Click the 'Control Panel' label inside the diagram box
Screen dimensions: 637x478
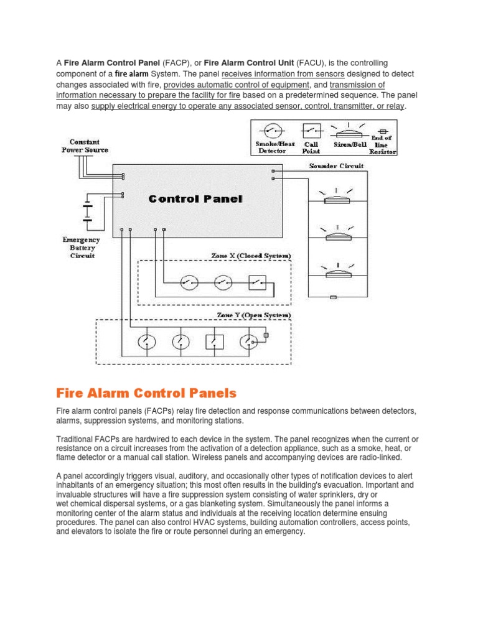[195, 199]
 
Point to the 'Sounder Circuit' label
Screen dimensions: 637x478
[337, 166]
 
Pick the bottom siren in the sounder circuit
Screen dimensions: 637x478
[337, 272]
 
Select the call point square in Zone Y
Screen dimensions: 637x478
[214, 341]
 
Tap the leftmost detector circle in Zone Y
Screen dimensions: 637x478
[146, 341]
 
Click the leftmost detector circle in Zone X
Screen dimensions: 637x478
[189, 283]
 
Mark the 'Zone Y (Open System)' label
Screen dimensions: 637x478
[253, 315]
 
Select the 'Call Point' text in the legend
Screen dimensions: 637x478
[311, 147]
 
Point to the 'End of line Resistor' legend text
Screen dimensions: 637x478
[381, 145]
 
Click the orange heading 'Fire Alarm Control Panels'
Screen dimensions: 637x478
[146, 393]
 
